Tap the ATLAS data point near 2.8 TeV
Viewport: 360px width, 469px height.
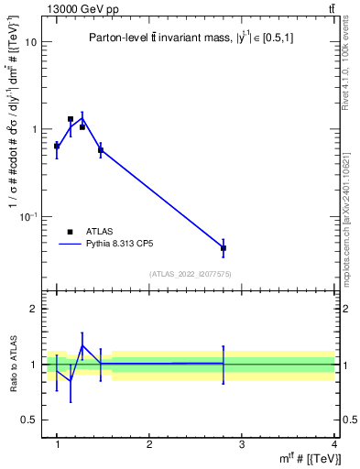click(x=224, y=248)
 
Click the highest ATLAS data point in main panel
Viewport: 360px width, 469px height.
click(x=71, y=119)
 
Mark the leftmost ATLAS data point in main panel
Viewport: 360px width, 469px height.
click(x=57, y=146)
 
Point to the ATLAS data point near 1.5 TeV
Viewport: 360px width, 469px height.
click(x=101, y=149)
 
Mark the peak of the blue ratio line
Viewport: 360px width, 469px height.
click(x=82, y=345)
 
